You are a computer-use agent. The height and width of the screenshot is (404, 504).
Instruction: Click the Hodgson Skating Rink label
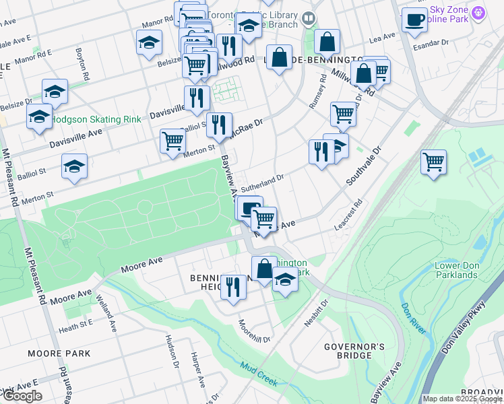96,119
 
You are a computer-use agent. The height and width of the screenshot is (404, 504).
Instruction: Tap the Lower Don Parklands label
456,269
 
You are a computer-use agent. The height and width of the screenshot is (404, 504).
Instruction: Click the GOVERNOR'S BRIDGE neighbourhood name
348,351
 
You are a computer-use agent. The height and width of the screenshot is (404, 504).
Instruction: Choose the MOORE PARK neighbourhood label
59,353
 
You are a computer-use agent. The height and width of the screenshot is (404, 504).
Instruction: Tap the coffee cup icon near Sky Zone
414,20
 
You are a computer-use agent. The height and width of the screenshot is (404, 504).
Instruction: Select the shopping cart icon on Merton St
172,141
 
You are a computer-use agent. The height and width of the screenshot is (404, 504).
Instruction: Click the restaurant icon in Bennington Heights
233,287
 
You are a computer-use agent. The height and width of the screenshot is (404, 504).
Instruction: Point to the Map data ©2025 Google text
462,399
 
